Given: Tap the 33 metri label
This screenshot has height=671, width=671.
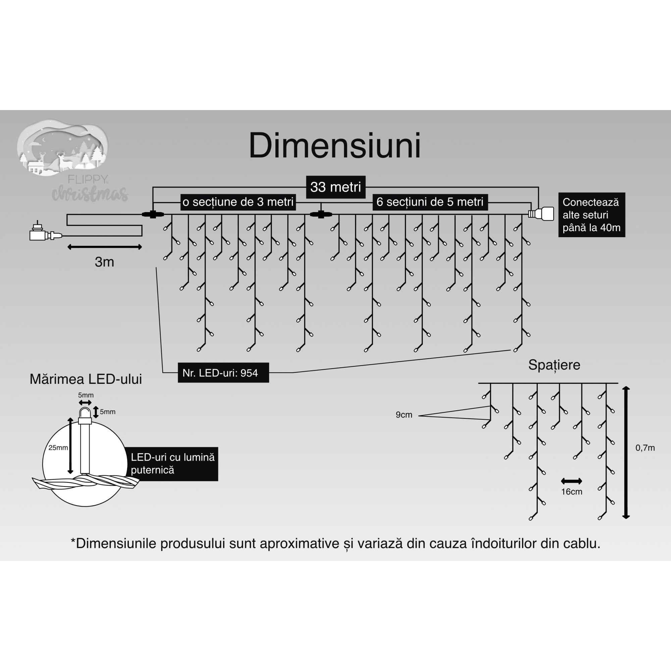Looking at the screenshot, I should [335, 187].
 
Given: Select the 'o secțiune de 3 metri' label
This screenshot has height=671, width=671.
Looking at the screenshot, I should [238, 202].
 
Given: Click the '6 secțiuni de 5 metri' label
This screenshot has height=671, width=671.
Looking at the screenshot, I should [430, 202].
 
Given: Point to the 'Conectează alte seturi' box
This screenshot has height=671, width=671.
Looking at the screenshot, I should [591, 215].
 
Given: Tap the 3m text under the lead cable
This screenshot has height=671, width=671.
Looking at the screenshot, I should [104, 262].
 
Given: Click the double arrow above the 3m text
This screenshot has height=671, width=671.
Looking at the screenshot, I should [105, 247].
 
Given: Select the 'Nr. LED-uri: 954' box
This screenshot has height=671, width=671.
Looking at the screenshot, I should [223, 373].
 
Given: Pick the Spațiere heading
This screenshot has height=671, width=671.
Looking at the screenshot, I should [554, 365].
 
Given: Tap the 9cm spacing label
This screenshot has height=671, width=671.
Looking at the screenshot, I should [404, 415].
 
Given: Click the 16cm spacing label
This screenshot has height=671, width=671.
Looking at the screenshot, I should [571, 492].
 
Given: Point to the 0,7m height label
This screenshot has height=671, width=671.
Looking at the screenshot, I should [645, 448].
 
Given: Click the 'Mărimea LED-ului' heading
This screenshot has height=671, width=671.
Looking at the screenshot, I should [86, 379].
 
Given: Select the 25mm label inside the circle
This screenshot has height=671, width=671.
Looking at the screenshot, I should [58, 448].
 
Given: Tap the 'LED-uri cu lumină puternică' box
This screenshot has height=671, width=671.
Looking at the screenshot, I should [172, 464].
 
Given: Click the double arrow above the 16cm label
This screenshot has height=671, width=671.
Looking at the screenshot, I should [571, 481].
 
